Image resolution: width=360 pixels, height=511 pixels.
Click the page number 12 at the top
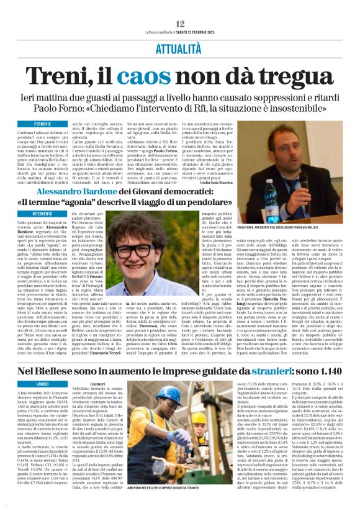coord(180,6)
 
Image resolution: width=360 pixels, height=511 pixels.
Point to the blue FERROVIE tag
coord(43,107)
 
